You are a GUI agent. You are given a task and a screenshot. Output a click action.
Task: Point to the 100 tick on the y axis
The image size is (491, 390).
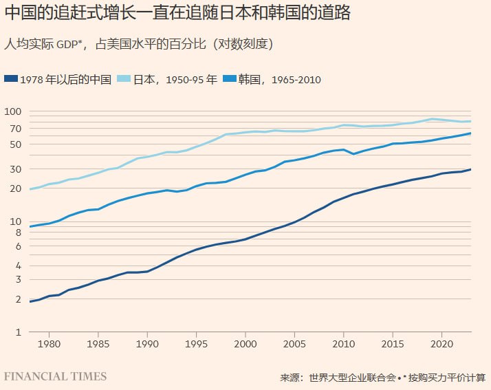tap(14, 111)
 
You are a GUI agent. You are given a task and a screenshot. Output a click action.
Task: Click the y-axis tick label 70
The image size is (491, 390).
tap(17, 129)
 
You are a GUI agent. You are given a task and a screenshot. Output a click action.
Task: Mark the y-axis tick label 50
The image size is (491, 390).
tap(17, 144)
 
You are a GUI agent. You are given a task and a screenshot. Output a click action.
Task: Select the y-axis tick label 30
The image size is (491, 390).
tap(17, 169)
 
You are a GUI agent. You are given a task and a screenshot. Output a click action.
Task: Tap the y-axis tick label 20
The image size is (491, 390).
tap(17, 188)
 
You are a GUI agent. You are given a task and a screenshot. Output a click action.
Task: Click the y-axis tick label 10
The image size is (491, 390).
tap(17, 221)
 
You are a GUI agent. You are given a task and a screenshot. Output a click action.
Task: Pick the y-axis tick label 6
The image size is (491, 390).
tap(19, 246)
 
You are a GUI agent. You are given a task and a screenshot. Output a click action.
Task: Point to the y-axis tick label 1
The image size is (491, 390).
tap(19, 332)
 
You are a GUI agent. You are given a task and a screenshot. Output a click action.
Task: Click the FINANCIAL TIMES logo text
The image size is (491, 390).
tap(56, 376)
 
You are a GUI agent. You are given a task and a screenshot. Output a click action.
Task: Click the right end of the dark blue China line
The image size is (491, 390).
tap(470, 169)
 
